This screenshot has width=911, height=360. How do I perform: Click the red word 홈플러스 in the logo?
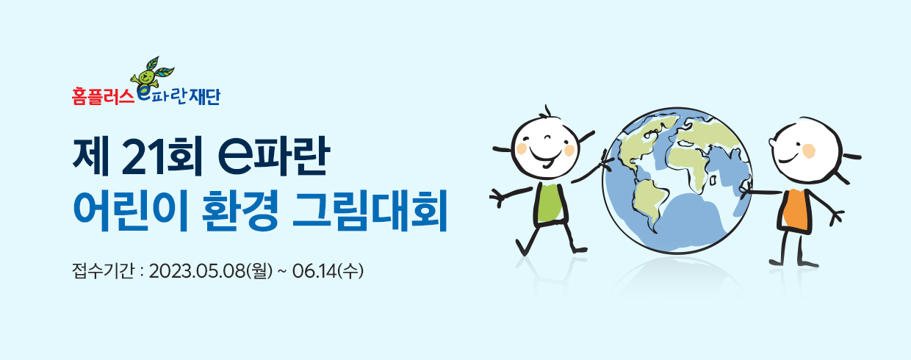coord(103,97)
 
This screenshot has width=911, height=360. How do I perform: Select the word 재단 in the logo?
coord(204,97)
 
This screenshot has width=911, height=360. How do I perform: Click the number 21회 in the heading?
coord(162,156)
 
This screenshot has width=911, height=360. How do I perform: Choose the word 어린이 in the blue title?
coord(130,210)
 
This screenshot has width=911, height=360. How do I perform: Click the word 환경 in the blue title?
coord(240,210)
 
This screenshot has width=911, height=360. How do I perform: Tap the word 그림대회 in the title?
coord(370,210)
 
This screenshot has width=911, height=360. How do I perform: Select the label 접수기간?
coord(103,271)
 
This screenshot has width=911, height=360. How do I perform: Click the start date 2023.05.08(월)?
coord(210,271)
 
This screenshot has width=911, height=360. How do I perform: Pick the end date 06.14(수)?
coord(328,271)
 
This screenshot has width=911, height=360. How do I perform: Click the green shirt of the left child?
coord(550,203)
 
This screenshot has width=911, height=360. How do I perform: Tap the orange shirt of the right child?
coord(796,210)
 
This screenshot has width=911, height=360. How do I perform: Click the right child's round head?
coord(806,151)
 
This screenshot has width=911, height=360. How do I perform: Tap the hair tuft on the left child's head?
coord(547,112)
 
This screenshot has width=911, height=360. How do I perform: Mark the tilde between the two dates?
coord(281,272)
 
